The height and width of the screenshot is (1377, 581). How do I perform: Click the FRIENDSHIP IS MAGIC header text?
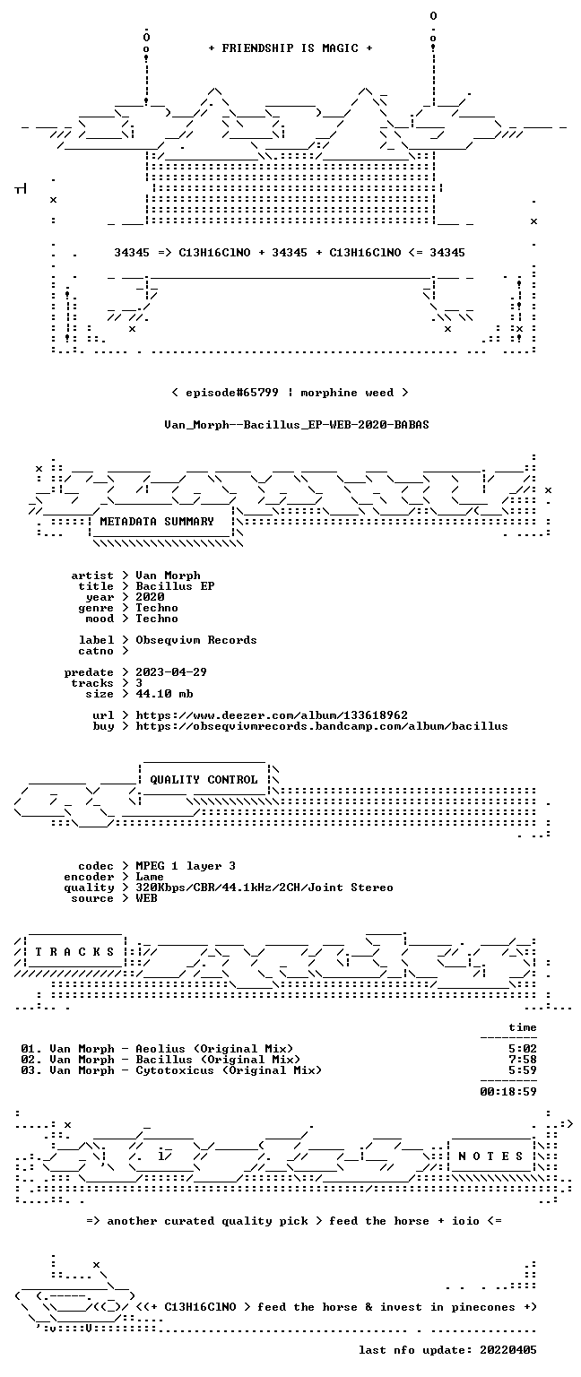point(290,48)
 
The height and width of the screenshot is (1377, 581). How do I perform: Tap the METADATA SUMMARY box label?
point(157,522)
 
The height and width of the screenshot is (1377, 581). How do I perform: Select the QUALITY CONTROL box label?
point(204,780)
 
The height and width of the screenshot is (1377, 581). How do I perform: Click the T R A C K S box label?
point(75,952)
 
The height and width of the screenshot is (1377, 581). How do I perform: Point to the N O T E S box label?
point(490,1156)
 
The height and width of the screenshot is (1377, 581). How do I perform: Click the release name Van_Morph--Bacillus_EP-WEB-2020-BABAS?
point(297,425)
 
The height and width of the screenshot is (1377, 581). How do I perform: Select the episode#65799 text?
point(232,393)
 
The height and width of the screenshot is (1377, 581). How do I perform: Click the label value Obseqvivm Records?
point(196,640)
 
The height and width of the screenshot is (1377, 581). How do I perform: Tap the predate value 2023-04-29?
point(171,672)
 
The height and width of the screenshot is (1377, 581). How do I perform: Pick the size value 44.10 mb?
point(164,694)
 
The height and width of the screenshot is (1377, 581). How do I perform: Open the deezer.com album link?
point(272,715)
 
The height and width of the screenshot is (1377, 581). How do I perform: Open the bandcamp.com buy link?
point(322,726)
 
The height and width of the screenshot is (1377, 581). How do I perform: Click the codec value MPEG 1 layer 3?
point(186,866)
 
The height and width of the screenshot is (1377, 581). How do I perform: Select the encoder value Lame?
point(150,877)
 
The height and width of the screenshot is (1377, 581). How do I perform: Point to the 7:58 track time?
point(523,1060)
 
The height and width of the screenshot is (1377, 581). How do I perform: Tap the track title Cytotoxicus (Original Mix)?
point(229,1070)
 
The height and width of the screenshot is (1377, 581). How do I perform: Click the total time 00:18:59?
point(508,1092)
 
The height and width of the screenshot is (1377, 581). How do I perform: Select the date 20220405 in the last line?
point(508,1350)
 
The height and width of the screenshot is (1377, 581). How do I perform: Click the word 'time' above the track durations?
point(523,1027)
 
